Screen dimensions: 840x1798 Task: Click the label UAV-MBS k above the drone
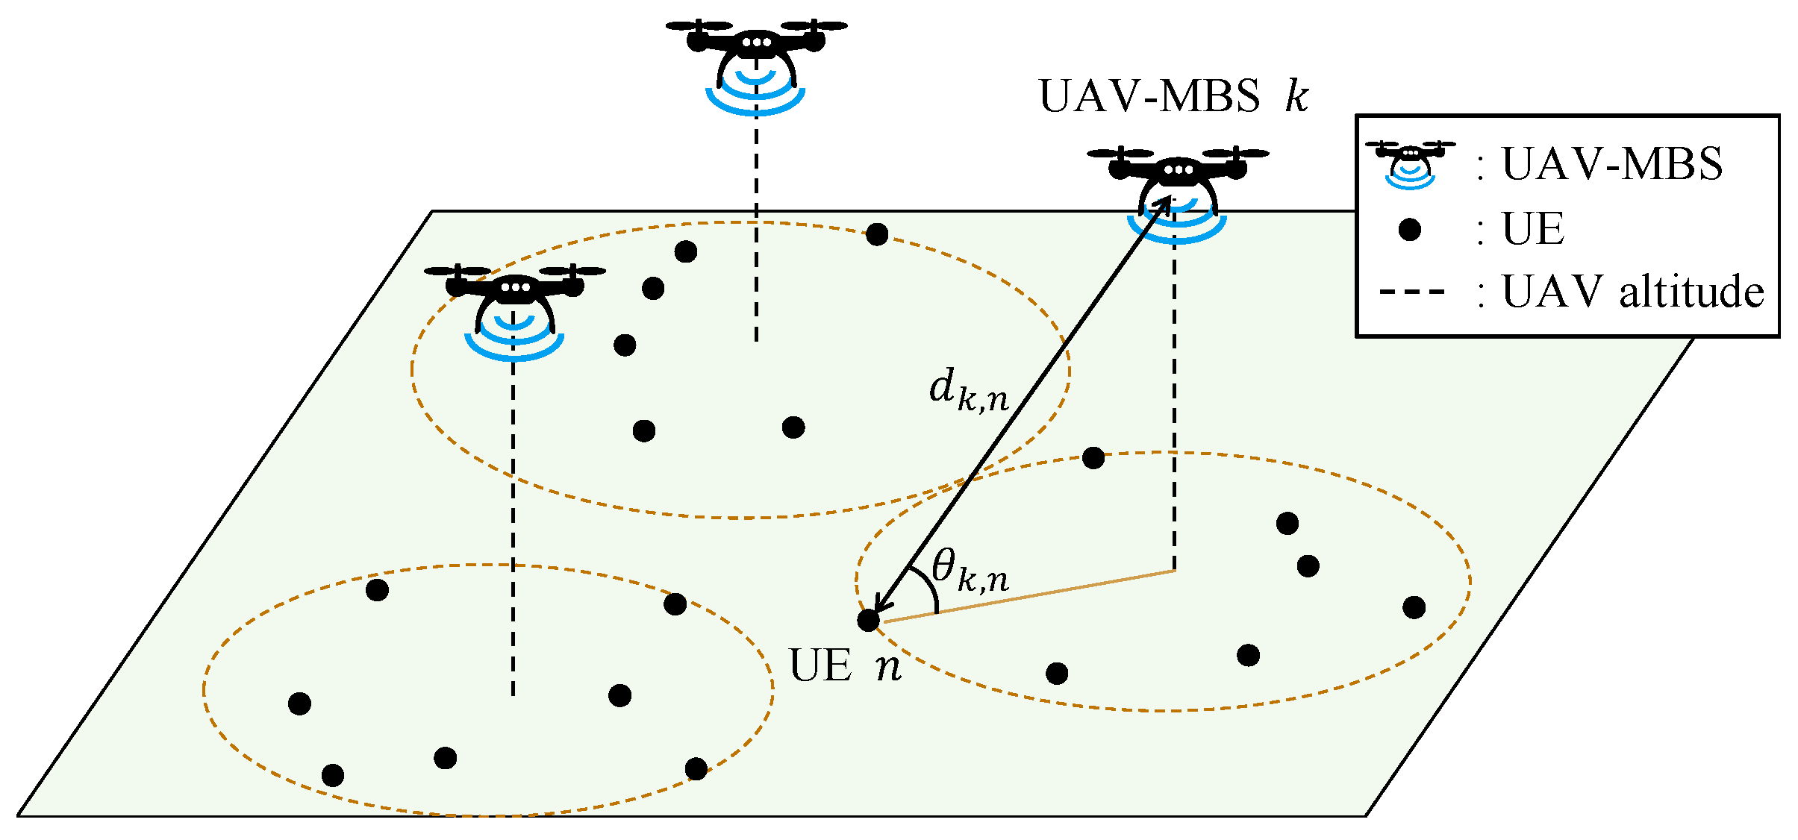(1173, 97)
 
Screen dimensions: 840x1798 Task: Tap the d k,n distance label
(968, 392)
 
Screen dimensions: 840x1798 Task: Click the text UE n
(845, 665)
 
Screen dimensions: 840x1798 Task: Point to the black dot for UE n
(868, 620)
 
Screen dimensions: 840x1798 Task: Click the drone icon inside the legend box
(1410, 163)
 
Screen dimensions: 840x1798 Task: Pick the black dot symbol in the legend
(1410, 229)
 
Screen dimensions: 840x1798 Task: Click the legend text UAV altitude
(1632, 292)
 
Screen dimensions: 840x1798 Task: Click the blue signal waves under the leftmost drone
(514, 339)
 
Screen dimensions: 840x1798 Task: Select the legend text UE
(1533, 229)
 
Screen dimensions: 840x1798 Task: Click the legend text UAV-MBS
(1612, 164)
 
